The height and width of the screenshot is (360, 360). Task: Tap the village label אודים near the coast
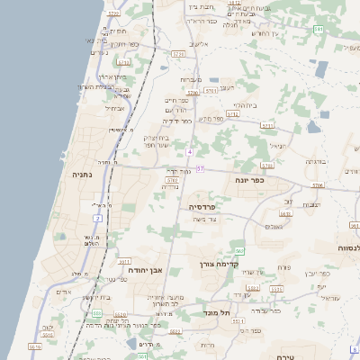coord(63,292)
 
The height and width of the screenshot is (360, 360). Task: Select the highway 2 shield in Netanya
coord(96,219)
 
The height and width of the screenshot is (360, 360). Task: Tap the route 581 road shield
coord(318,30)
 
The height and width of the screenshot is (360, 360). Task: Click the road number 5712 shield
coord(233,114)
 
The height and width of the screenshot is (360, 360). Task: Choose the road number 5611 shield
coord(123,261)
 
